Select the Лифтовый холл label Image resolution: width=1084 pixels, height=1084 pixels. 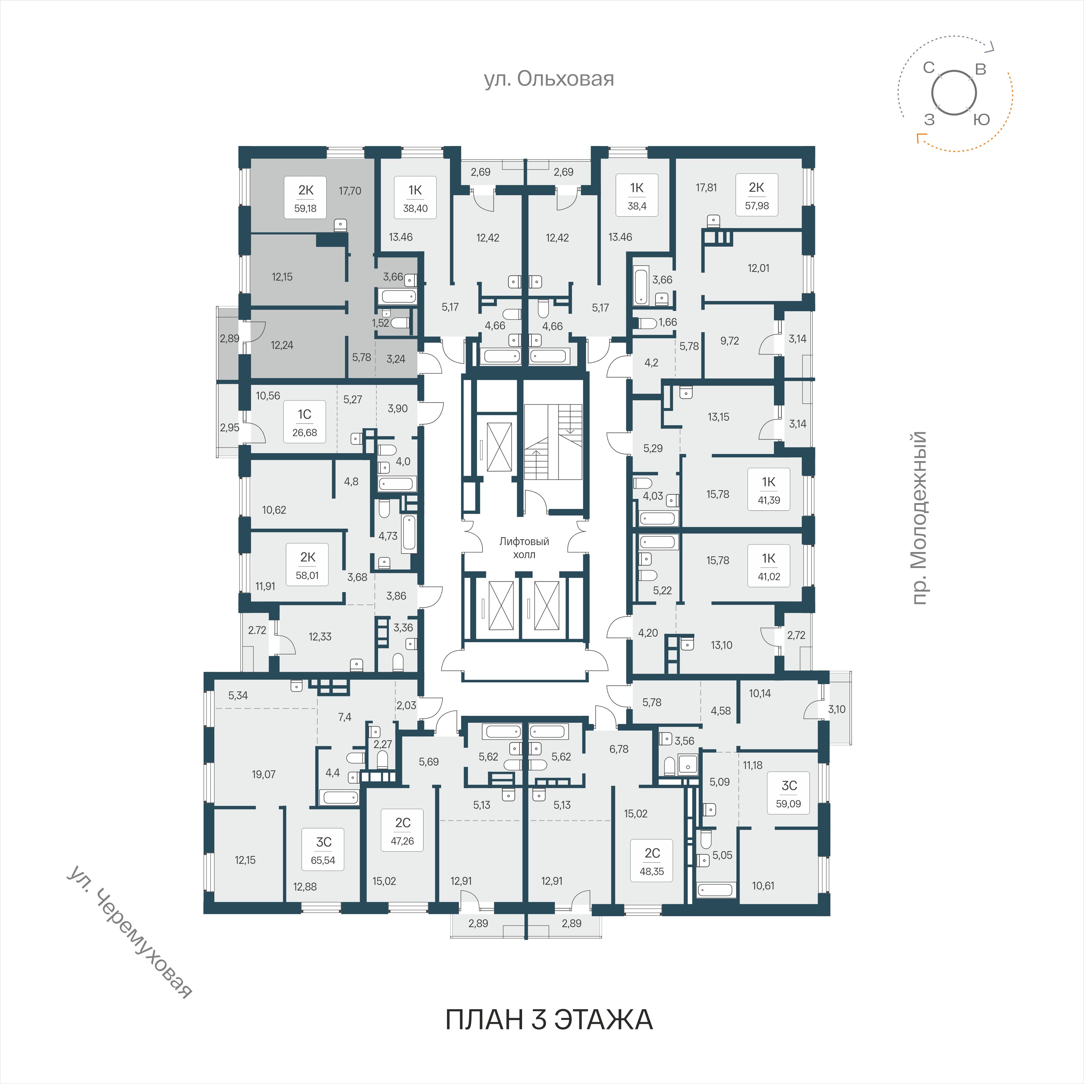tap(524, 548)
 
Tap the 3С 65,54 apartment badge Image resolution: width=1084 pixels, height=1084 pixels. tap(323, 850)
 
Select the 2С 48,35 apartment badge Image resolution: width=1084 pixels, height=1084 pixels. tap(652, 861)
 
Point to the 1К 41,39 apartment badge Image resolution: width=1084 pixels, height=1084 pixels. tap(769, 489)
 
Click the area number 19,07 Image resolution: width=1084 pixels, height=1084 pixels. tap(264, 774)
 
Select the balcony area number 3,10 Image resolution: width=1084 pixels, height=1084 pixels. tap(836, 709)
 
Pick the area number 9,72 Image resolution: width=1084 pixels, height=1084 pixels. tap(729, 341)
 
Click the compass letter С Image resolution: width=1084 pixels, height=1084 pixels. tap(929, 68)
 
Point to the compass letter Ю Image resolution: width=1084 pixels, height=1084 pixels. tap(981, 119)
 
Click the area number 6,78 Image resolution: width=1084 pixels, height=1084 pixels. tap(619, 749)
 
